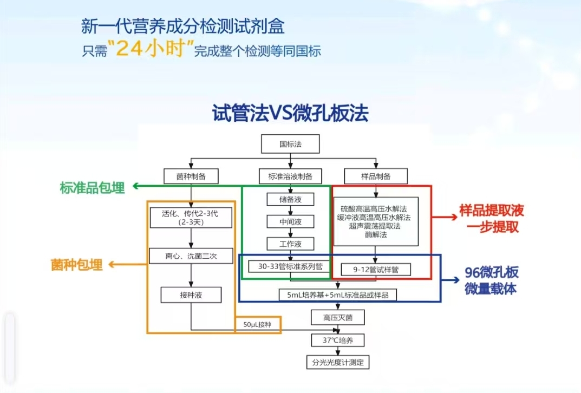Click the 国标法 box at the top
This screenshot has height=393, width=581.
click(290, 145)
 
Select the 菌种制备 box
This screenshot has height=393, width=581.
click(191, 176)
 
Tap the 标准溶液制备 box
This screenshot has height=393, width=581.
click(290, 176)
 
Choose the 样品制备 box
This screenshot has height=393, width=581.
click(376, 176)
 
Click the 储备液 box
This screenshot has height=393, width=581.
click(290, 199)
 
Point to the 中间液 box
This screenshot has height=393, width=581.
click(290, 221)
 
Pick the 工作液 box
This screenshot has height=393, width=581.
click(290, 244)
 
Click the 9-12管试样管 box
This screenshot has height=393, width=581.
click(376, 269)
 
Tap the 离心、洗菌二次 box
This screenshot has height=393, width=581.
click(191, 256)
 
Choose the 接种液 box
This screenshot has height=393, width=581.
click(191, 294)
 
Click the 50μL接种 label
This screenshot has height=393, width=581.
click(257, 324)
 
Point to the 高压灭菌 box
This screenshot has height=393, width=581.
click(337, 317)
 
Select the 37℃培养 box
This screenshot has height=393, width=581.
click(337, 340)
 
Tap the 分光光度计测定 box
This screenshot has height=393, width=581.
click(337, 362)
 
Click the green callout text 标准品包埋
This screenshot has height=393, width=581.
click(93, 188)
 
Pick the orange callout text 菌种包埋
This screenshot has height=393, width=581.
click(76, 265)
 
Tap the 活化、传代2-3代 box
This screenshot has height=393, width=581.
click(191, 218)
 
